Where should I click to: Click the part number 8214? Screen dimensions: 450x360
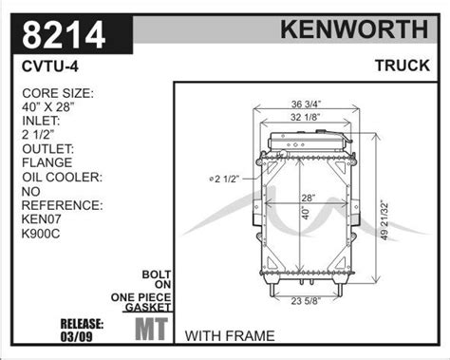[x=64, y=34]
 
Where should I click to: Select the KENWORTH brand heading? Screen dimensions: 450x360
[x=354, y=29]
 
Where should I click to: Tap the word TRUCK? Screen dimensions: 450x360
[x=403, y=66]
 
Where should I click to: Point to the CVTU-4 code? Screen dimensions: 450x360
[x=50, y=66]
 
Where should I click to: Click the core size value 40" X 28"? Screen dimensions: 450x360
[x=48, y=107]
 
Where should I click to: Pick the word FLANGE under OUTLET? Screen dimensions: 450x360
[x=47, y=162]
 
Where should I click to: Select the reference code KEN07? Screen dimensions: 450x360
[x=42, y=218]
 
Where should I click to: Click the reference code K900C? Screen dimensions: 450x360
[x=41, y=234]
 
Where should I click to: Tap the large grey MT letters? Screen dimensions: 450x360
[x=152, y=329]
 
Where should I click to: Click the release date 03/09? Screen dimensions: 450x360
[x=76, y=336]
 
